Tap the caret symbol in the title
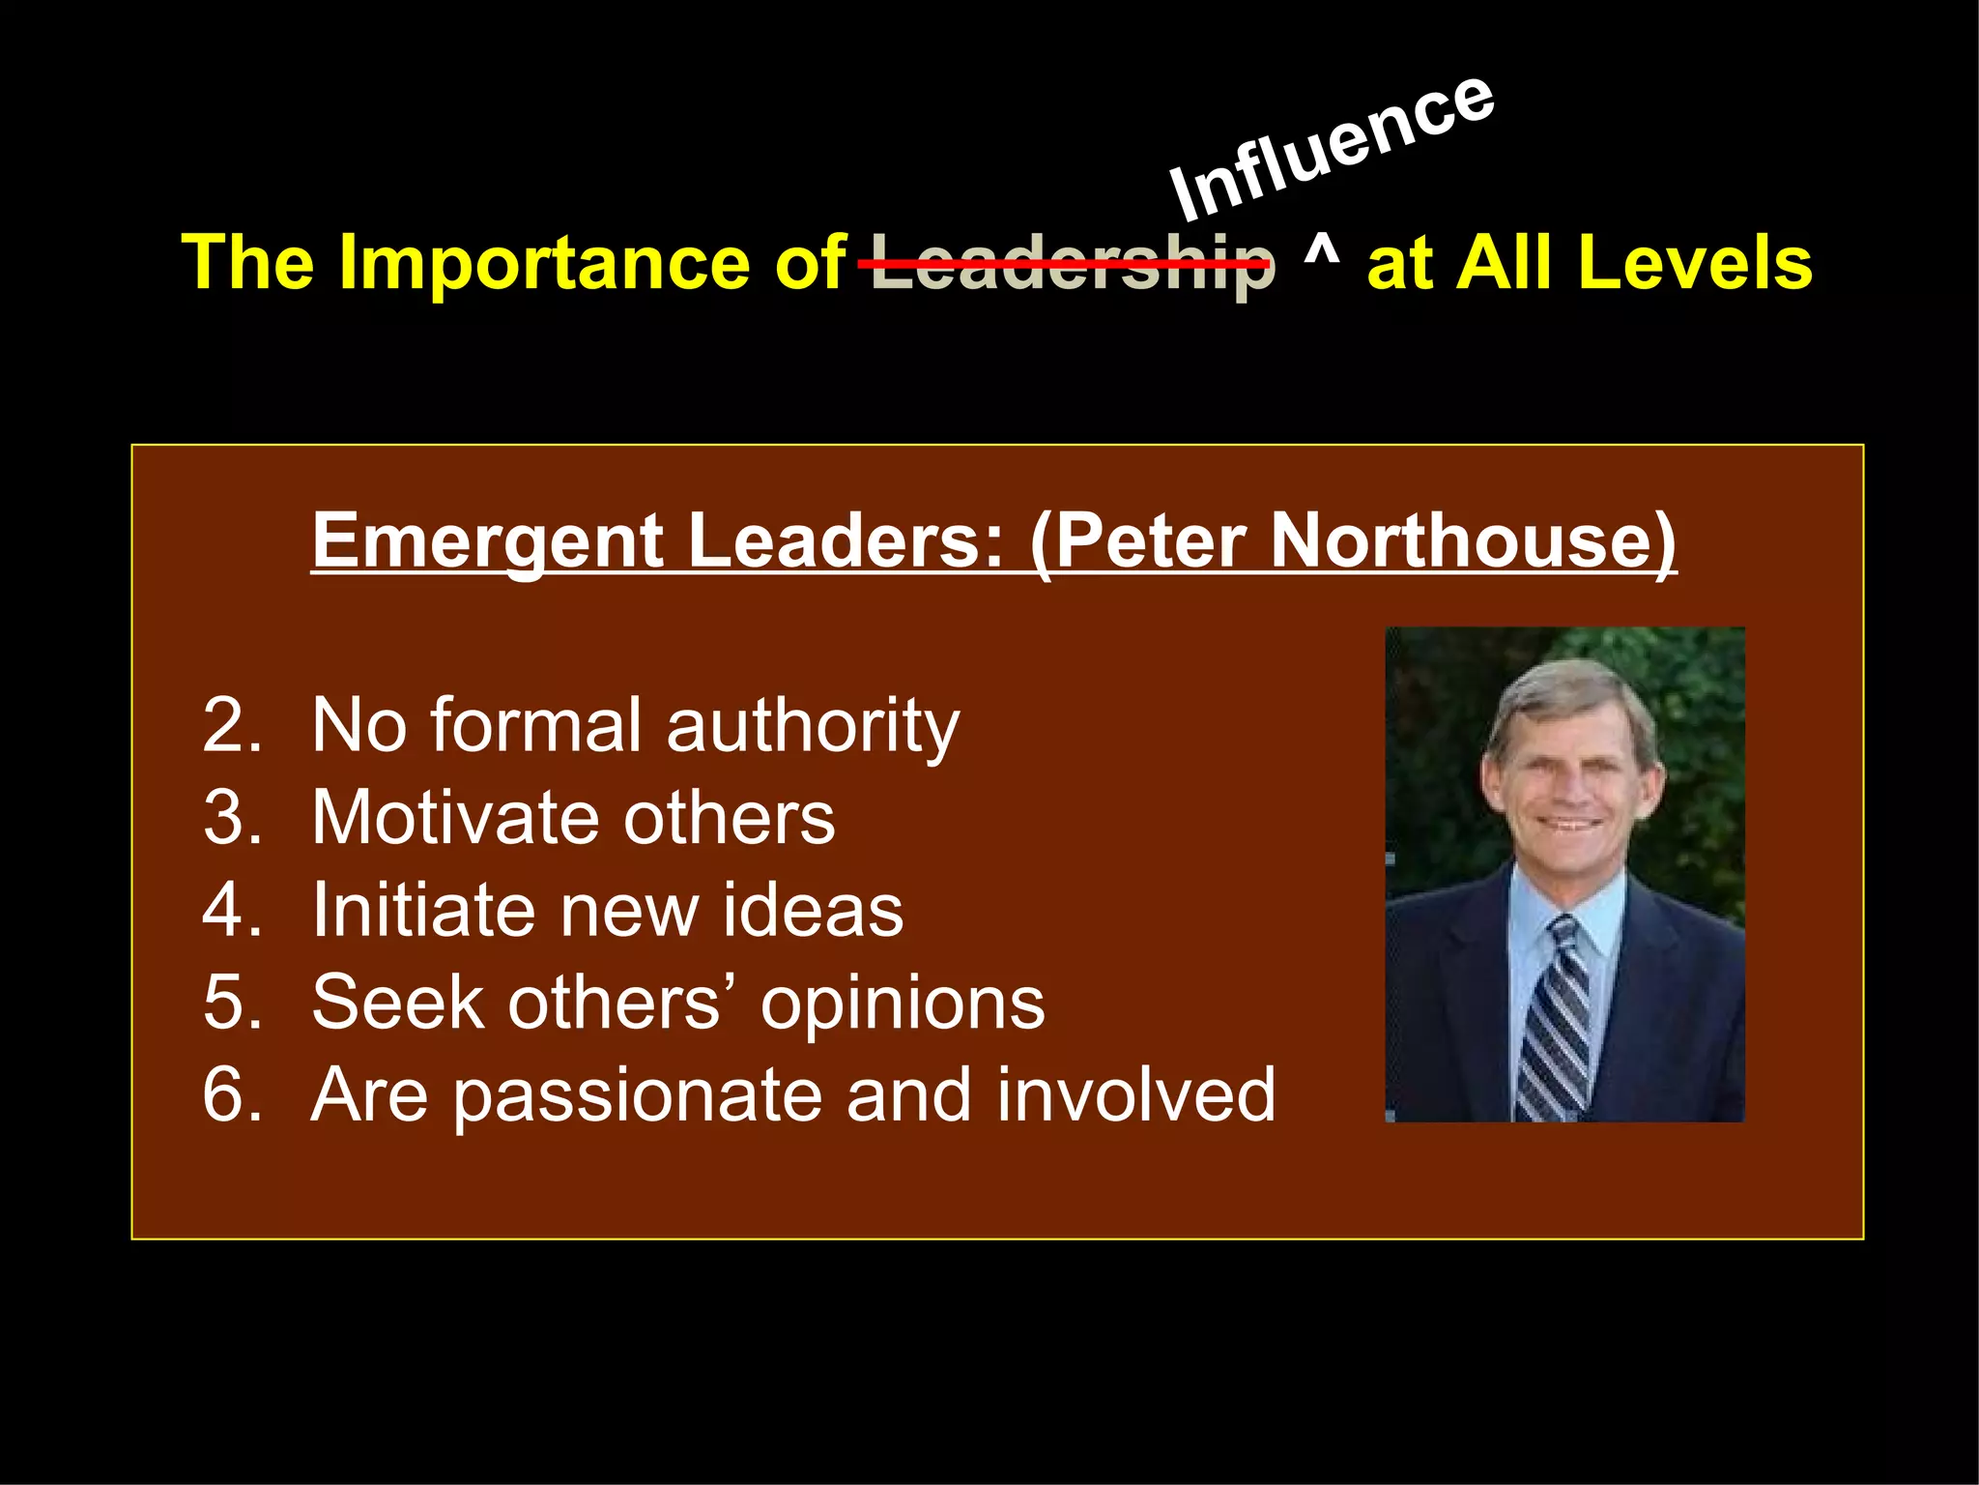(1321, 253)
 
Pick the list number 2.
(232, 725)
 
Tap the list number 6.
(232, 1094)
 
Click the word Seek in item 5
(397, 1003)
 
